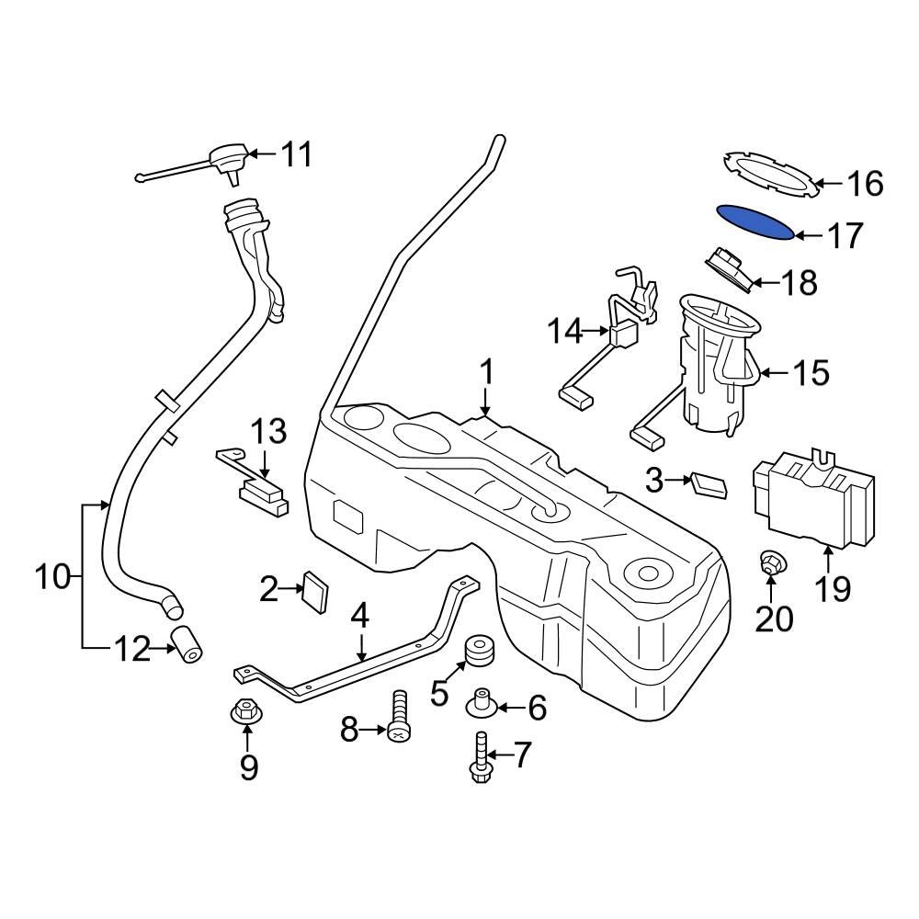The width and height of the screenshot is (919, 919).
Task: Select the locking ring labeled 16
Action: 770,174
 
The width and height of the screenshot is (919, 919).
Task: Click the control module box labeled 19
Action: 814,496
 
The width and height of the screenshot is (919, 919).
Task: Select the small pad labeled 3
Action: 710,485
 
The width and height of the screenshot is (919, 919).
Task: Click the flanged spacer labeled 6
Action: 482,704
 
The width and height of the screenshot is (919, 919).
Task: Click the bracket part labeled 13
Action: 255,482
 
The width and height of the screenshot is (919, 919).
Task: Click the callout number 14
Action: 565,331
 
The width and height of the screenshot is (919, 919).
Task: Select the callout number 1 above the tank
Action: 486,374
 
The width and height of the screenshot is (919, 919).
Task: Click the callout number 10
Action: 52,577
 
